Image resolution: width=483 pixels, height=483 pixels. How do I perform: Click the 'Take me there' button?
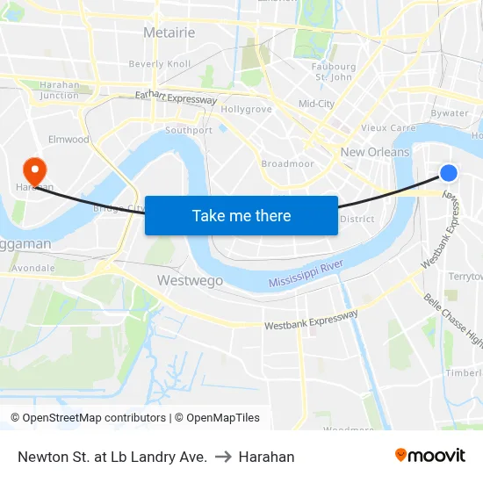(x=241, y=215)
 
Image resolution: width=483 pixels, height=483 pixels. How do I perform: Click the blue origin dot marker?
(x=448, y=173)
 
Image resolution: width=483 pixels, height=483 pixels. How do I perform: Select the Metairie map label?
(x=168, y=33)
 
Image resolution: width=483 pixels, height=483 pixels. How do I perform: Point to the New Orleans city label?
(x=375, y=152)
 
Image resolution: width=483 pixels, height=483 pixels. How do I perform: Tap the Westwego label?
(x=190, y=281)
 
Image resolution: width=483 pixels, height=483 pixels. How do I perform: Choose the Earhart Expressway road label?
(x=176, y=98)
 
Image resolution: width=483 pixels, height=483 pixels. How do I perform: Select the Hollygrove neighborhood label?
(x=246, y=110)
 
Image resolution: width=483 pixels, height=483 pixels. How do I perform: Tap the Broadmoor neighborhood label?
(x=287, y=164)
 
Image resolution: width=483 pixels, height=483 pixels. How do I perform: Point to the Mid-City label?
(x=316, y=104)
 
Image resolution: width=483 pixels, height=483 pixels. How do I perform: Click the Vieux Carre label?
(x=387, y=127)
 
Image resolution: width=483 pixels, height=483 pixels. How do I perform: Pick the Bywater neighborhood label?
(x=450, y=113)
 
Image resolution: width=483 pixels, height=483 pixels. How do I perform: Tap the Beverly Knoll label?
(x=159, y=64)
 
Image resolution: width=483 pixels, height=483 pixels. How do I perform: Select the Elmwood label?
(x=68, y=140)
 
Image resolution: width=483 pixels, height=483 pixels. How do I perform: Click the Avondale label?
(x=33, y=268)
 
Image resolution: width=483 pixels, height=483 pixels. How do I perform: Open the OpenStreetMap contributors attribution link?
(x=92, y=418)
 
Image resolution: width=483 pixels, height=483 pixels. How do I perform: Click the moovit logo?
(x=430, y=456)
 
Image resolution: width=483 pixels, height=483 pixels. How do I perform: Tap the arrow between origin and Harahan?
(x=222, y=457)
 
